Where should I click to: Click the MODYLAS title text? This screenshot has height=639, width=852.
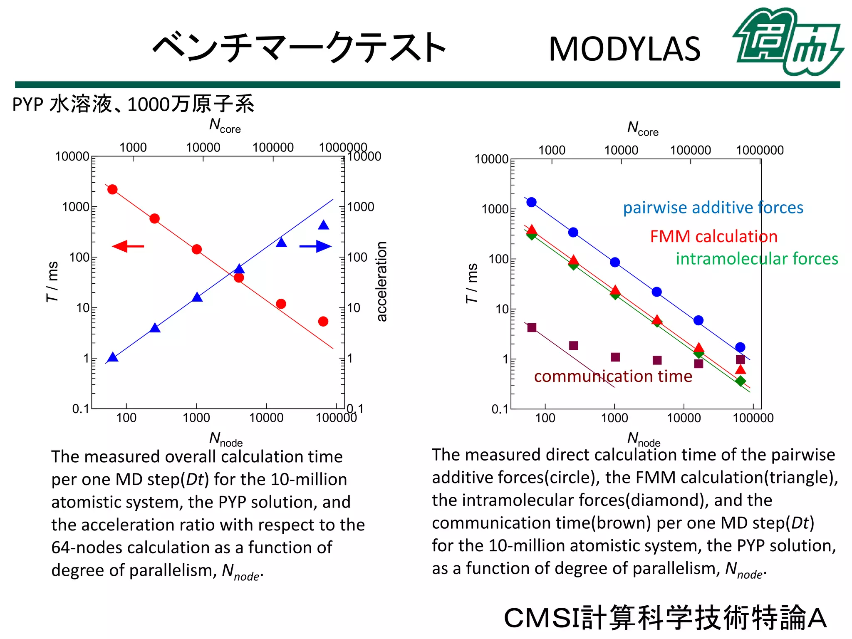click(x=624, y=49)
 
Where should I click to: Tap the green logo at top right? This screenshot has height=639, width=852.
click(x=788, y=42)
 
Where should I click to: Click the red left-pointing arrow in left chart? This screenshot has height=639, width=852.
click(x=128, y=246)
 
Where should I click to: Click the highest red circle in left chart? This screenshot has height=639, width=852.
click(x=112, y=190)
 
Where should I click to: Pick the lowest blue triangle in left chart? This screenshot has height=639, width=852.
click(x=113, y=357)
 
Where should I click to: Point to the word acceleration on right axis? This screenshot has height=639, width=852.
click(x=381, y=281)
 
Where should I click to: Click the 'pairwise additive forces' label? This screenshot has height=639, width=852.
click(x=713, y=208)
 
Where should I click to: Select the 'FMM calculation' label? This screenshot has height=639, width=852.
click(x=713, y=236)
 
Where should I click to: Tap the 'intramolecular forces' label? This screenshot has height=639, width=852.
click(x=756, y=259)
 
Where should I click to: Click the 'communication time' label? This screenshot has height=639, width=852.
click(x=613, y=376)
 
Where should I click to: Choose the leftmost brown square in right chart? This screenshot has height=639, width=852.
click(x=532, y=328)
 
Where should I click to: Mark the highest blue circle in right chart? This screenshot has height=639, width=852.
click(x=531, y=202)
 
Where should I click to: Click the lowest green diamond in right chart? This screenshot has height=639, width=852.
click(x=740, y=381)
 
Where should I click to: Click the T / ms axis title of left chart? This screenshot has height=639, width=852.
click(x=52, y=281)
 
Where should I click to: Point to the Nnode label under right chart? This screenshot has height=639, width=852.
click(x=643, y=439)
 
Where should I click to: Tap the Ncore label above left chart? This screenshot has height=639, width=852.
click(x=225, y=125)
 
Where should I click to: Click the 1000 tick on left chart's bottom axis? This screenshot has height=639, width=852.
click(x=196, y=417)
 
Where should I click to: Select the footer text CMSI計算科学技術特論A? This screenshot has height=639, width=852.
click(x=665, y=618)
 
